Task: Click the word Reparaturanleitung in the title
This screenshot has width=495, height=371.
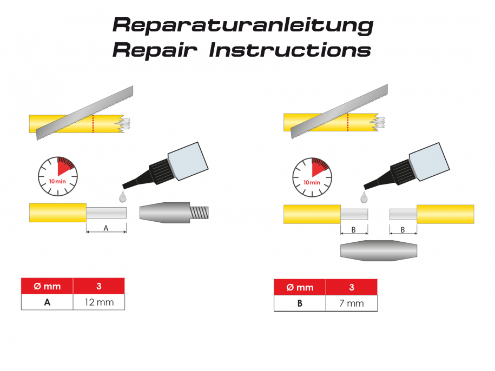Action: pos(242,25)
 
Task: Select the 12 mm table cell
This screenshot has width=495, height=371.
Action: pos(99,302)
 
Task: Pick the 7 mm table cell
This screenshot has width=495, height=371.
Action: pos(352,303)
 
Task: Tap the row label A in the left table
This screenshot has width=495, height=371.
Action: pos(47,302)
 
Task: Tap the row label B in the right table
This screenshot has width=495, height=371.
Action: pos(300,303)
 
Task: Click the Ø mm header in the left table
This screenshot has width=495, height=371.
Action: pos(47,286)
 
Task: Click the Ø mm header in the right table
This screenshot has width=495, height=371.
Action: pos(300,287)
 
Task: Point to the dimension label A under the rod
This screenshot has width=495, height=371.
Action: pos(106,228)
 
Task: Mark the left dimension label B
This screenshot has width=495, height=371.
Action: pos(354,229)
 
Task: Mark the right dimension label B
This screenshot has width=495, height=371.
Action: pos(403,229)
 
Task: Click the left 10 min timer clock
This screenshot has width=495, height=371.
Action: pos(57,175)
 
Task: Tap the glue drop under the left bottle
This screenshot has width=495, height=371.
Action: pos(124,194)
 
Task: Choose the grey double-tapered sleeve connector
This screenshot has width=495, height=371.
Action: pos(379,250)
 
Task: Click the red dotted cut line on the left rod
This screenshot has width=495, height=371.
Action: pos(93,124)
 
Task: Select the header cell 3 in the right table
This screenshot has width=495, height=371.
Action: pos(352,287)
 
